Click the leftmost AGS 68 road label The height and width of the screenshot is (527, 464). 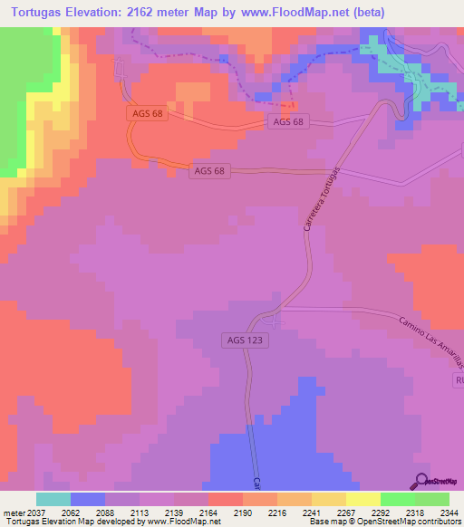click(147, 113)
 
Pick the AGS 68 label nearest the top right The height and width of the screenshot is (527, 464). click(289, 120)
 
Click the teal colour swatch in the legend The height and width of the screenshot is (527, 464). click(53, 499)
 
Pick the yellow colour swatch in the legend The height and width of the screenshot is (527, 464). click(363, 499)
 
